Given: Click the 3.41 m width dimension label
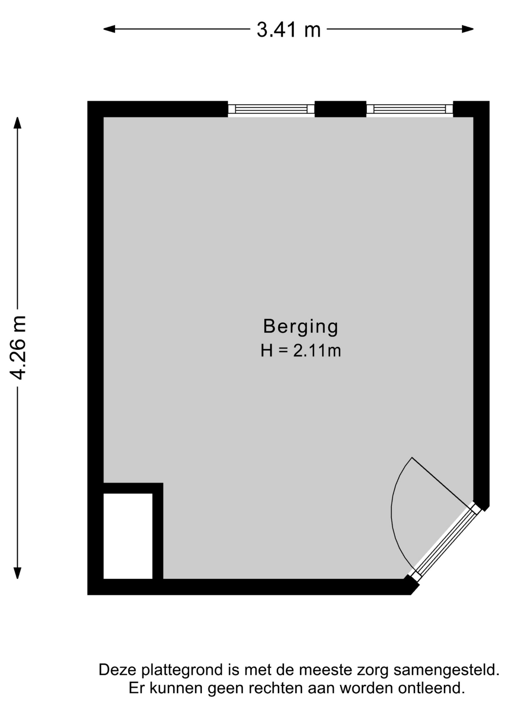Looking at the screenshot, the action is pyautogui.click(x=288, y=30).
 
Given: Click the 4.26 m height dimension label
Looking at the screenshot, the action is pyautogui.click(x=18, y=347).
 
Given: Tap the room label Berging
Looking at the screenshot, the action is pyautogui.click(x=301, y=326).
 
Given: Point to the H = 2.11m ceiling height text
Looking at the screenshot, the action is pyautogui.click(x=301, y=351).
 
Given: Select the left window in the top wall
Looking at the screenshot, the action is pyautogui.click(x=271, y=109).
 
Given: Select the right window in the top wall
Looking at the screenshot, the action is pyautogui.click(x=410, y=109).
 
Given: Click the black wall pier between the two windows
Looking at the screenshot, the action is pyautogui.click(x=340, y=109).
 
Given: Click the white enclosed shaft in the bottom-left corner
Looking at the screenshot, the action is pyautogui.click(x=128, y=536).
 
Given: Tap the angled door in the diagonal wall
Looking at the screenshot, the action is pyautogui.click(x=445, y=543).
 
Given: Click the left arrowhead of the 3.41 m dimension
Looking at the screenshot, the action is pyautogui.click(x=109, y=29).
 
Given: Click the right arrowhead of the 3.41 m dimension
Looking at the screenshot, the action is pyautogui.click(x=468, y=29).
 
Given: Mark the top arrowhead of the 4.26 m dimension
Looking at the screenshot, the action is pyautogui.click(x=18, y=123).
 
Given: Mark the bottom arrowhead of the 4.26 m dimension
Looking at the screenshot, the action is pyautogui.click(x=18, y=573).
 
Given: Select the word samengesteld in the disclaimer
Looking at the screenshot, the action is pyautogui.click(x=446, y=670).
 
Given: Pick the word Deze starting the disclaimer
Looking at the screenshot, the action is pyautogui.click(x=118, y=670).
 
